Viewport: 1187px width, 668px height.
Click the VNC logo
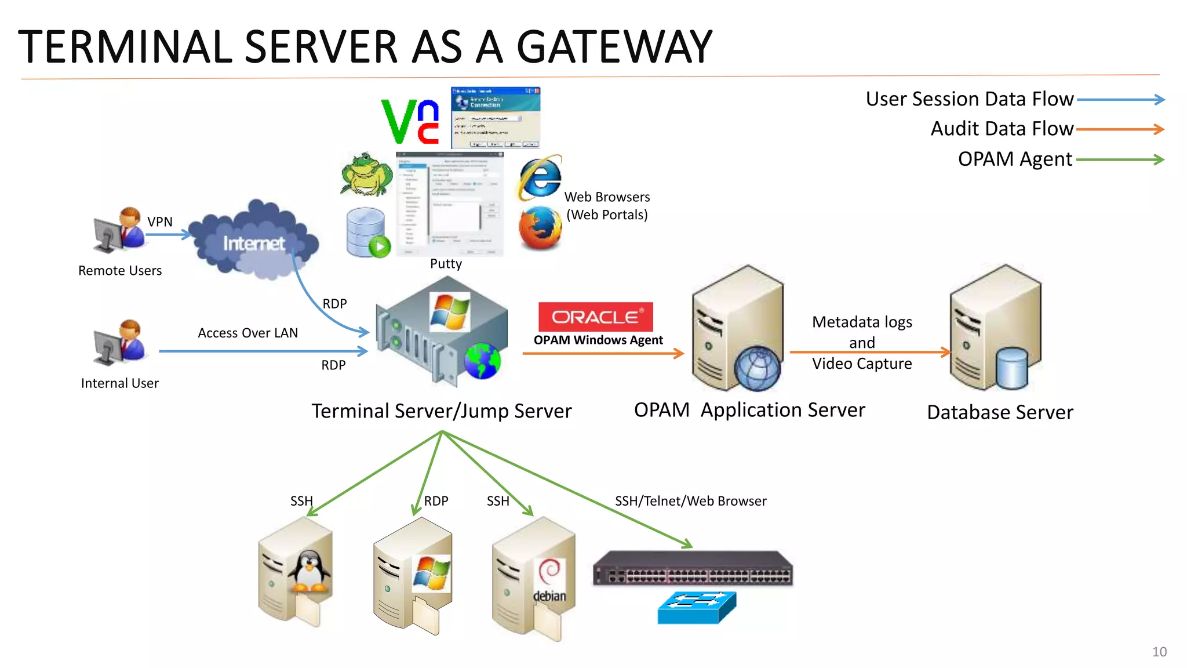(410, 121)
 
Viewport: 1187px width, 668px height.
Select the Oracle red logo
(595, 317)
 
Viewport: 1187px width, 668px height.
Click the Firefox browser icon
(540, 228)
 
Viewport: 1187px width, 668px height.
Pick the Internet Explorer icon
(540, 177)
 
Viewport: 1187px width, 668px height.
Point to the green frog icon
(366, 174)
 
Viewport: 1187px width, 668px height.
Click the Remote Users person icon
(120, 230)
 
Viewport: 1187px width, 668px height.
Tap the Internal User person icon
(120, 342)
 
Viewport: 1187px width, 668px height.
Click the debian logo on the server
(549, 580)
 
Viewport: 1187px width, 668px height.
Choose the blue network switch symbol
(697, 607)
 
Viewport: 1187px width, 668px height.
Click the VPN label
(160, 222)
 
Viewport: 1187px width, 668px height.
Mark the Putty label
(446, 264)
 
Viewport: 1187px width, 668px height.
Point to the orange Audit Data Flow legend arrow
(1120, 129)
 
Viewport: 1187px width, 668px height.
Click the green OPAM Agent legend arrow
(1120, 159)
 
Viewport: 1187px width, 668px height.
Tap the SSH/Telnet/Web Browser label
(690, 501)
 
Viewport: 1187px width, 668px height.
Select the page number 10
(1159, 652)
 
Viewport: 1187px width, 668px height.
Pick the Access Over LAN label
(247, 333)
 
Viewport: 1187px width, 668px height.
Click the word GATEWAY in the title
(614, 47)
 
